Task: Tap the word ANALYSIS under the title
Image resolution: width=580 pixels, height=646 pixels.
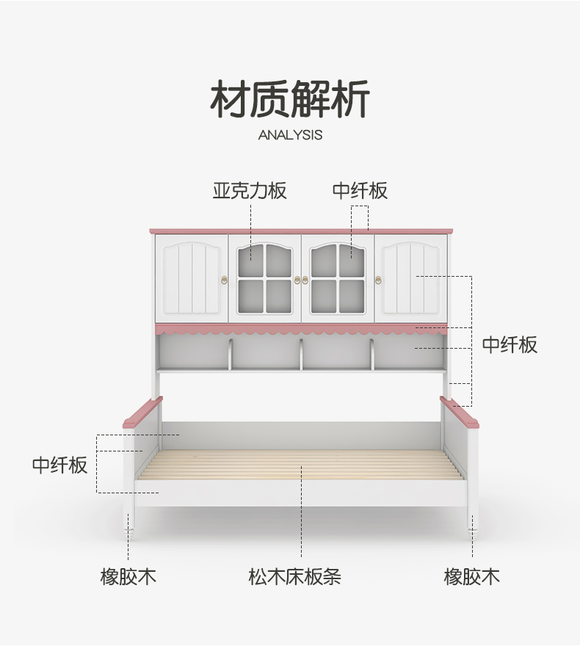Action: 290,135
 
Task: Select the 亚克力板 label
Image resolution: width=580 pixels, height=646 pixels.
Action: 250,192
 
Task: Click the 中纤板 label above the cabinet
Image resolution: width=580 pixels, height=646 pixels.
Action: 360,192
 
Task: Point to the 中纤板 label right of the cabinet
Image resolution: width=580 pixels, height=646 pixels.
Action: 510,344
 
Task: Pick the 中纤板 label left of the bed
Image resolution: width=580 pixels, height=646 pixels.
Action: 59,465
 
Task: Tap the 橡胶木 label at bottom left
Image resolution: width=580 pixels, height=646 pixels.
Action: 128,576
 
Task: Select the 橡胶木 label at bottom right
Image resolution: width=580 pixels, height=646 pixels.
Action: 471,576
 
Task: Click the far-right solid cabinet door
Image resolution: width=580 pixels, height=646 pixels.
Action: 411,277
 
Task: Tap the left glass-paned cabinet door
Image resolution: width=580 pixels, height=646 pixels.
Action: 265,277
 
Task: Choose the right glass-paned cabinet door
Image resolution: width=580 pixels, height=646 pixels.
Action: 338,277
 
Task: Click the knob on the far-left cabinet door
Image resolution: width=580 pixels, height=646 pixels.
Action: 224,279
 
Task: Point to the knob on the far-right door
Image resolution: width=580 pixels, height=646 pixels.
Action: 379,279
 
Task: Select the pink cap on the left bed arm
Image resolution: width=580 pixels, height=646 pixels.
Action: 142,412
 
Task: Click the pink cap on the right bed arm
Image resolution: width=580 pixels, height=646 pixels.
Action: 460,412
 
